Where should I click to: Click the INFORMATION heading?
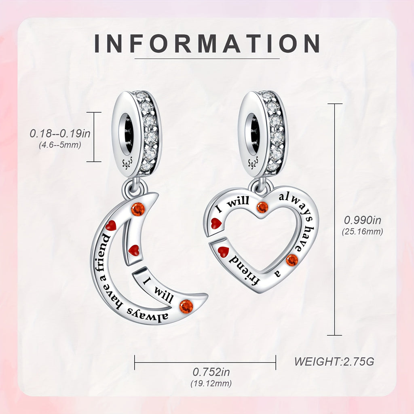207,44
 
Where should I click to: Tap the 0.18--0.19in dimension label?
60,133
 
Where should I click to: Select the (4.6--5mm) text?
60,145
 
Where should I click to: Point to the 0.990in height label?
363,220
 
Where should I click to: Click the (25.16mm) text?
363,232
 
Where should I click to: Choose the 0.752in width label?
211,372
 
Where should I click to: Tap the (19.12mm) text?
211,384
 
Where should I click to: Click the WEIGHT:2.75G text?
334,361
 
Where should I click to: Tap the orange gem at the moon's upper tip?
138,209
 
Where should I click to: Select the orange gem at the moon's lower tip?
186,306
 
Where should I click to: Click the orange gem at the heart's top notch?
262,207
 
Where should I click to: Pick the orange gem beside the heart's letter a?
292,260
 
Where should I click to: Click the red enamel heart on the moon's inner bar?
133,250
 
